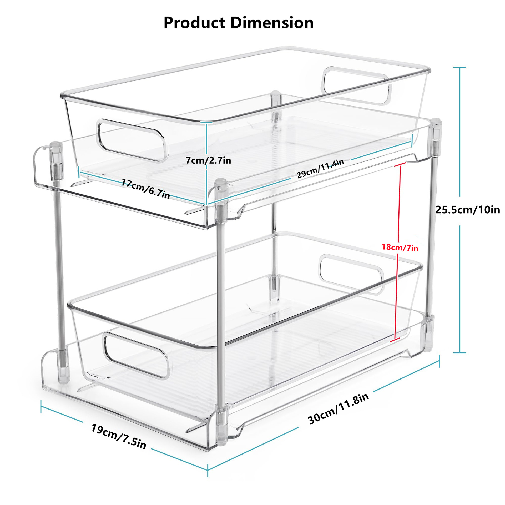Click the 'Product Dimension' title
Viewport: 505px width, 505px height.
tap(238, 23)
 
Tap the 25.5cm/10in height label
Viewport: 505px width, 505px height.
tap(467, 210)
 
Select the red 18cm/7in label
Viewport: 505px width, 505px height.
tap(400, 248)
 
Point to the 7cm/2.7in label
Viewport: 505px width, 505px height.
tap(208, 160)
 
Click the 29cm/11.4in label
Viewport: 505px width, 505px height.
tap(320, 169)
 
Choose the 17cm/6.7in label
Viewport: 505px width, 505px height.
tap(145, 189)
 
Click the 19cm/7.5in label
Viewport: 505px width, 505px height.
tap(118, 436)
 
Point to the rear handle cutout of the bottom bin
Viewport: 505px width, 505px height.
tap(351, 274)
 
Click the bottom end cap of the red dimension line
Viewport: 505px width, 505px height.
tap(395, 340)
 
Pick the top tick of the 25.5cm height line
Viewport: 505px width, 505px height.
tap(459, 68)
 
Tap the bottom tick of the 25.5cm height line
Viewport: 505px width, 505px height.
tap(459, 352)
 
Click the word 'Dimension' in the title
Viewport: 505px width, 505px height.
tap(272, 23)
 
